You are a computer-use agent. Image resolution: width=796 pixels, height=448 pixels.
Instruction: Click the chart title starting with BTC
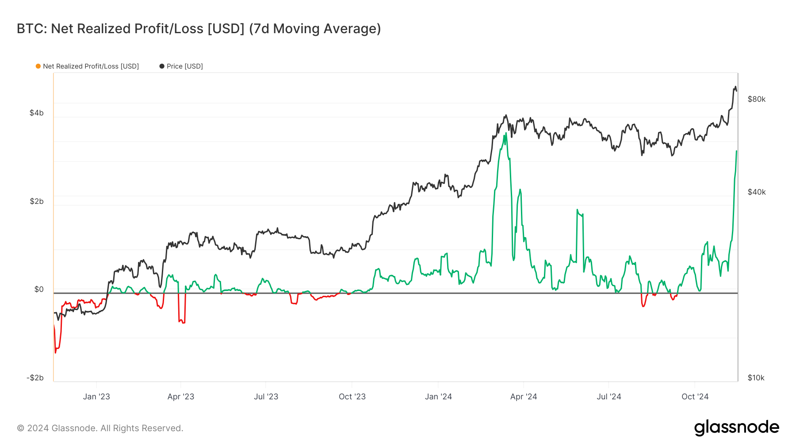pyautogui.click(x=199, y=29)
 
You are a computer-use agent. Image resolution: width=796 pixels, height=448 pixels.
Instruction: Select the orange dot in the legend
pyautogui.click(x=38, y=66)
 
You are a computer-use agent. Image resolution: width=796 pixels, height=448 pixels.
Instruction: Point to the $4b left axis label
pyautogui.click(x=37, y=113)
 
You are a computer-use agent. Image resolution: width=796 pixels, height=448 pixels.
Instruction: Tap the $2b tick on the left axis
pyautogui.click(x=37, y=201)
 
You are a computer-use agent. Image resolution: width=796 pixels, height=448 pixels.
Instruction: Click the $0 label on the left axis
pyautogui.click(x=39, y=289)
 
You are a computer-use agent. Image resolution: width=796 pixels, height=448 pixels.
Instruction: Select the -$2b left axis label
pyautogui.click(x=35, y=378)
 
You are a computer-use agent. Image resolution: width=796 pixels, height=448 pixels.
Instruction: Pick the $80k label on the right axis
pyautogui.click(x=756, y=99)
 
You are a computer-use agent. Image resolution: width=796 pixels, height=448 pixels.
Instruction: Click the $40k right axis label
pyautogui.click(x=756, y=192)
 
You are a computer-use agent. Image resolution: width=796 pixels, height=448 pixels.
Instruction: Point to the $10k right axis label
pyautogui.click(x=756, y=378)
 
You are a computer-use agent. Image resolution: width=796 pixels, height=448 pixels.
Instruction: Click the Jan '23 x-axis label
pyautogui.click(x=96, y=397)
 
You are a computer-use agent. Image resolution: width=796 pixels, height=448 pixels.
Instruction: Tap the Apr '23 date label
pyautogui.click(x=181, y=397)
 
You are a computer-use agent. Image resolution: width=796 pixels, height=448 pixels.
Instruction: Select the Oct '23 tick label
pyautogui.click(x=352, y=397)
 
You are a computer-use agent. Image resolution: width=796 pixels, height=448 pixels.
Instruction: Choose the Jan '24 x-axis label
pyautogui.click(x=438, y=397)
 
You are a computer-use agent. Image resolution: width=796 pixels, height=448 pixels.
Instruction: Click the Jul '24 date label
pyautogui.click(x=609, y=397)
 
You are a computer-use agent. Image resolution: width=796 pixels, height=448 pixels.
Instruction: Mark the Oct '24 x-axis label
pyautogui.click(x=695, y=397)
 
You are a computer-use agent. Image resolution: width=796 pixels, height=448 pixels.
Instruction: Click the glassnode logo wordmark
pyautogui.click(x=736, y=428)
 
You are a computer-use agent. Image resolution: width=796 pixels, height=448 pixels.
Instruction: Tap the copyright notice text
pyautogui.click(x=100, y=428)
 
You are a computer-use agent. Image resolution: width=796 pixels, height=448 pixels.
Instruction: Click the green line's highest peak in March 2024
pyautogui.click(x=505, y=133)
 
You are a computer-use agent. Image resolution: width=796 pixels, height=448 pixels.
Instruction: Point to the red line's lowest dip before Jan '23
pyautogui.click(x=55, y=352)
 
